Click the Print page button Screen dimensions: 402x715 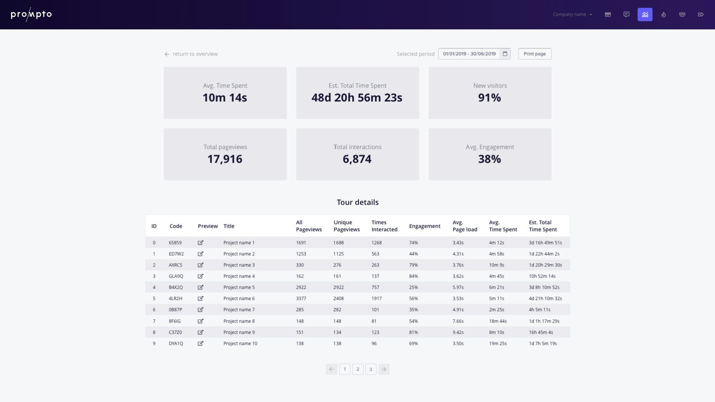click(534, 54)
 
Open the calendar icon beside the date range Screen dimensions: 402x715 click(505, 54)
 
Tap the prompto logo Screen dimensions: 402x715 click(31, 15)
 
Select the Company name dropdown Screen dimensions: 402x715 click(572, 15)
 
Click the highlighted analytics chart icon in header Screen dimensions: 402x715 click(645, 15)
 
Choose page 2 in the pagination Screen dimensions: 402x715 click(357, 369)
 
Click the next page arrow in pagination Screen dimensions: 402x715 click(384, 369)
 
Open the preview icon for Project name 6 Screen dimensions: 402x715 click(200, 299)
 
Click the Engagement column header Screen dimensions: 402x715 click(425, 226)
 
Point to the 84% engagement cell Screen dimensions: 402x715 click(413, 276)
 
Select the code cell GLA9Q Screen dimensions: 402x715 click(176, 276)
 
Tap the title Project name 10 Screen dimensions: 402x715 click(240, 344)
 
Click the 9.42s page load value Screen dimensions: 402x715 click(458, 332)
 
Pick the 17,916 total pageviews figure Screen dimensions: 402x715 click(225, 159)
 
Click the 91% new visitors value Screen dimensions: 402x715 click(489, 98)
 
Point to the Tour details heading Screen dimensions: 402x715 click(357, 202)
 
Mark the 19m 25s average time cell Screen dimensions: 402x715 click(498, 344)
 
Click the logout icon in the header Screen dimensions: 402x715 click(700, 15)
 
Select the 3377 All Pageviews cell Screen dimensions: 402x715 click(301, 299)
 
